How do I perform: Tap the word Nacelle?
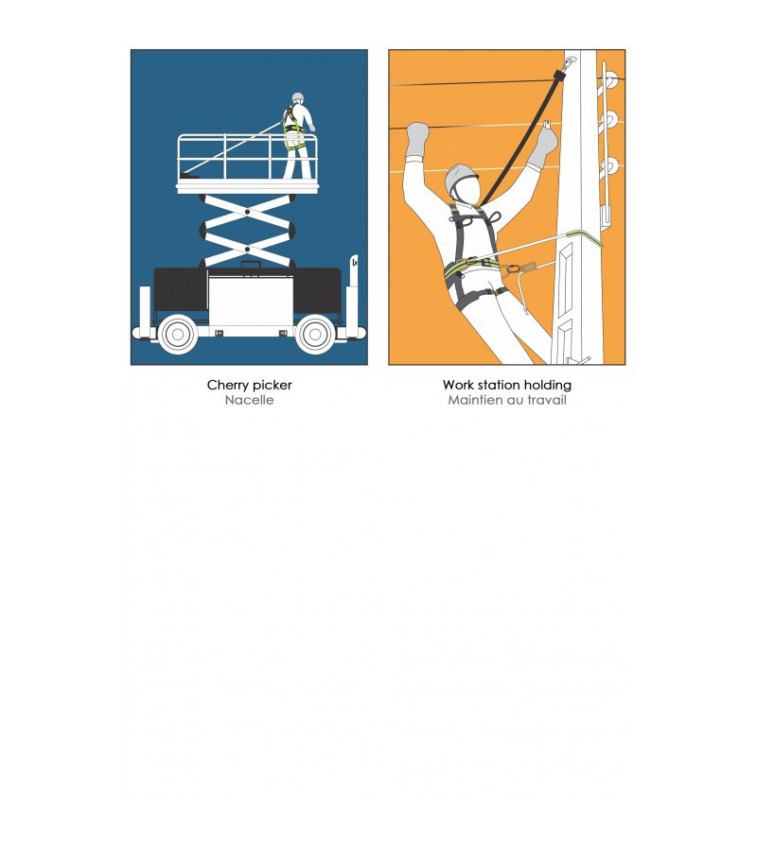click(x=249, y=400)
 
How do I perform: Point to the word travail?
click(x=546, y=400)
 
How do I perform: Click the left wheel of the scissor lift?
click(x=178, y=335)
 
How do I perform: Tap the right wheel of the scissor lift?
click(x=315, y=335)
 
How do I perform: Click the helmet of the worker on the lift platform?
click(x=298, y=97)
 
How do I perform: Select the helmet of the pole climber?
click(x=460, y=178)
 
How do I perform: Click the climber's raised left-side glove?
click(x=417, y=140)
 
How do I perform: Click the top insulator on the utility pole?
click(x=609, y=80)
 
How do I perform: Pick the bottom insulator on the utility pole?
click(x=610, y=165)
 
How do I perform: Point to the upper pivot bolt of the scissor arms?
click(x=248, y=212)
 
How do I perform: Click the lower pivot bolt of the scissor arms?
click(x=248, y=250)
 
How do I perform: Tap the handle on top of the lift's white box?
click(x=251, y=264)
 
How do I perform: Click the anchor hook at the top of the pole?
click(x=569, y=62)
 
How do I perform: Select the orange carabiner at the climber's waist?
click(x=512, y=268)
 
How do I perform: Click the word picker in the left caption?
click(x=272, y=386)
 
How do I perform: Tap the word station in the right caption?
click(x=493, y=385)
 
